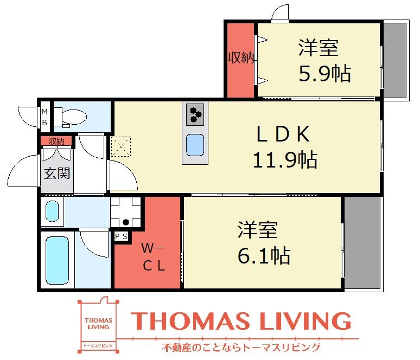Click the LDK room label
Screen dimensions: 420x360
click(283, 134)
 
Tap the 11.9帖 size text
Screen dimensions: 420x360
click(285, 160)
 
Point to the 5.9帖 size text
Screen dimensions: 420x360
click(324, 73)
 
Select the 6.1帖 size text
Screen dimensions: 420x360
click(264, 255)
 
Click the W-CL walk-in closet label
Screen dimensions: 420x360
click(154, 257)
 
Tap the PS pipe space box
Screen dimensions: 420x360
click(122, 236)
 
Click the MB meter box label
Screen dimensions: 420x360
click(44, 117)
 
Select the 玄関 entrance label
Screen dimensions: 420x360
click(57, 173)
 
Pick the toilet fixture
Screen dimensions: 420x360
click(70, 117)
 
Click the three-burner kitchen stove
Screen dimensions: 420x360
click(195, 114)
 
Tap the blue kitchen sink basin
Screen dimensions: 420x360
click(195, 145)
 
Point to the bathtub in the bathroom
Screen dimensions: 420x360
click(57, 260)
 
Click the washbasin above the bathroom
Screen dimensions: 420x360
click(52, 211)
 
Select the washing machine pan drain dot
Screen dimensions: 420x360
click(126, 222)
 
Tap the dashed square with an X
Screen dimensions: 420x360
click(121, 146)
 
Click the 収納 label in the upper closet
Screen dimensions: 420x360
click(241, 57)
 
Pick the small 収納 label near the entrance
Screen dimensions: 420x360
click(56, 141)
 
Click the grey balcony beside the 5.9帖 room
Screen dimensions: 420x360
click(395, 60)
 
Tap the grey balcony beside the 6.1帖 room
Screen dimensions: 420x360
click(362, 242)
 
